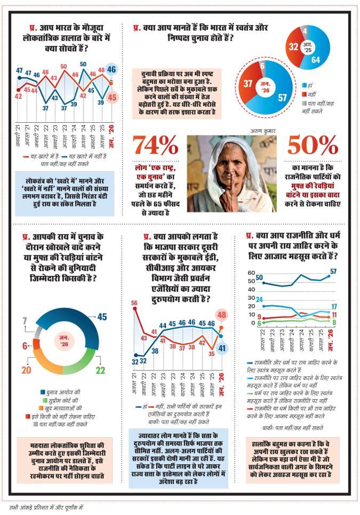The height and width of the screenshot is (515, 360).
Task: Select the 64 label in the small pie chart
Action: [316, 60]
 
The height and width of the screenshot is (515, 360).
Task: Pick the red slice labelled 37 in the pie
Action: [247, 84]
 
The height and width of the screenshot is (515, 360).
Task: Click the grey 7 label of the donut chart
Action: [24, 321]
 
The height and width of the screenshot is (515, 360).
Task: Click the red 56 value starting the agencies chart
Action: [134, 303]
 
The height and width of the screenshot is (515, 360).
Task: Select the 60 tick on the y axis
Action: [252, 273]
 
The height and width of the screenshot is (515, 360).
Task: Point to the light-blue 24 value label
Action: [259, 299]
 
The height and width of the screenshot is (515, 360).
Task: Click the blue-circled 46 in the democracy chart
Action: [111, 69]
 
